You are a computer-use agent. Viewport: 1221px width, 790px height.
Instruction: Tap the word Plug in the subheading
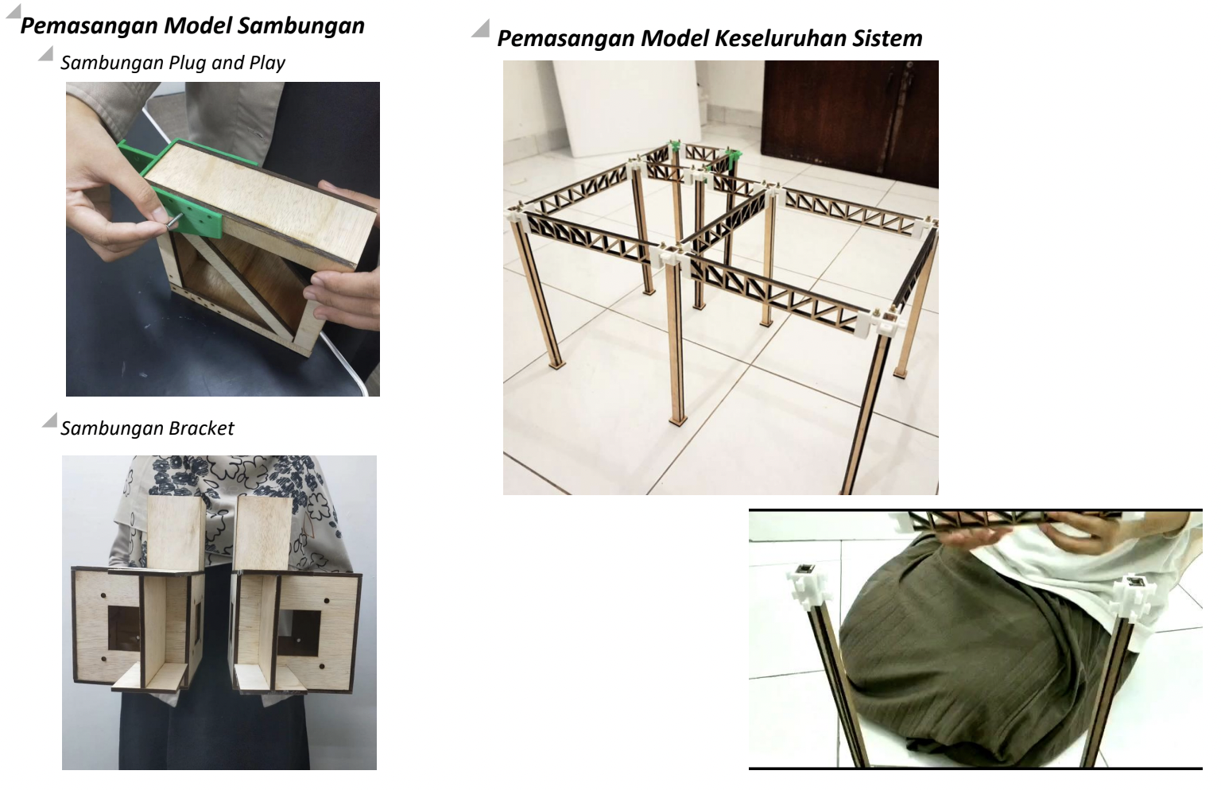(x=188, y=64)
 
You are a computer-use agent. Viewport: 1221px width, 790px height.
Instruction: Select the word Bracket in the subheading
(x=201, y=428)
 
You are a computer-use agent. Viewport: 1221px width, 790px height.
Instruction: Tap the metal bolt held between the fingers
(x=172, y=222)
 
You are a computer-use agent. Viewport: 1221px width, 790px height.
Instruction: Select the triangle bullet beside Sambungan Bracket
(x=49, y=420)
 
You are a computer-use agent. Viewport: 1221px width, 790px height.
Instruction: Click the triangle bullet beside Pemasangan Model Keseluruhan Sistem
(x=480, y=29)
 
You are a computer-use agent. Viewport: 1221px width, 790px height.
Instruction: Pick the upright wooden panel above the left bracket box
(x=176, y=532)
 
